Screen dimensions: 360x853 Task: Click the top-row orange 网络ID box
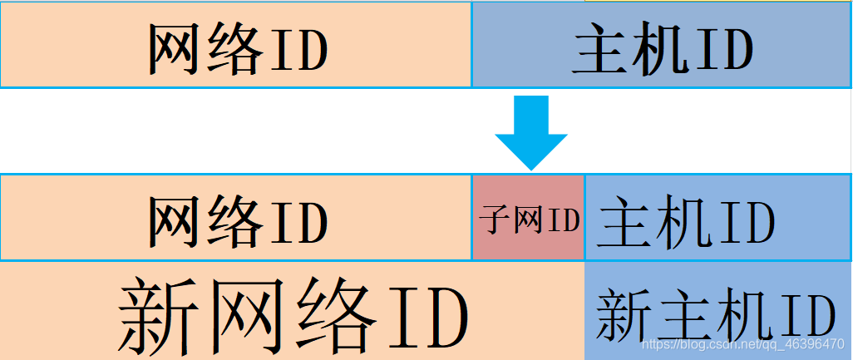pos(236,43)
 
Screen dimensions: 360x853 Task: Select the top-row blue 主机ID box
pos(662,43)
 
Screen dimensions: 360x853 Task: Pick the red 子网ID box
pos(529,218)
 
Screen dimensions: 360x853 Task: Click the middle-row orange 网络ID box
pos(236,218)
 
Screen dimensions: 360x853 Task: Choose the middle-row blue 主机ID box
pos(718,218)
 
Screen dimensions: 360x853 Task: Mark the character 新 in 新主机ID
pos(621,315)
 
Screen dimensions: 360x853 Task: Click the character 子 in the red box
pos(493,221)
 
